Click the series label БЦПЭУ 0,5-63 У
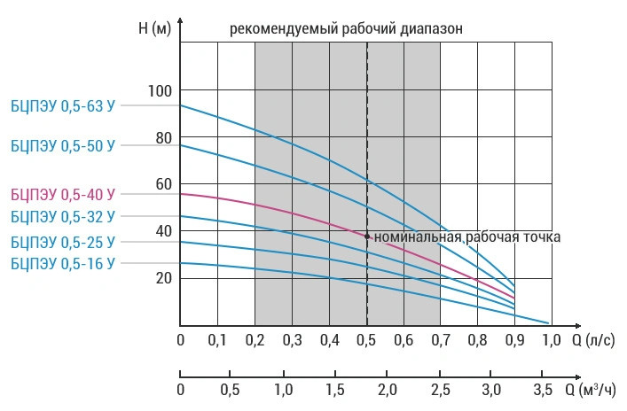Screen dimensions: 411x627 62,105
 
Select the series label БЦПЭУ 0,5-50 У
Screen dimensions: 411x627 62,144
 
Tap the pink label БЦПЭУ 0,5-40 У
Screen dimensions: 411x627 62,193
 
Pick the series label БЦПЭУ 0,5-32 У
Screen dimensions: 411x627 62,216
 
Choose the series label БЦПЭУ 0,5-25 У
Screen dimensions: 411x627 62,242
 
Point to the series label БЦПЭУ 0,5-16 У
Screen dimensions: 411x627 62,263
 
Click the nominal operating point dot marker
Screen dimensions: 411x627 367,236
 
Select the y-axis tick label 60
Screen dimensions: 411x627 162,184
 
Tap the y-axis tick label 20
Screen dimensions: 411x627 162,278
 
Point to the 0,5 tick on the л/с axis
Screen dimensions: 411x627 366,340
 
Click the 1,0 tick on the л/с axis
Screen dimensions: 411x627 551,340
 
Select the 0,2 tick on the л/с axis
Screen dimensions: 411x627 255,340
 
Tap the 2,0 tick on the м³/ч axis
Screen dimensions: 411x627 387,390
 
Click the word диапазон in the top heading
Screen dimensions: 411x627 435,28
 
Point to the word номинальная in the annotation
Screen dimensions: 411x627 416,237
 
